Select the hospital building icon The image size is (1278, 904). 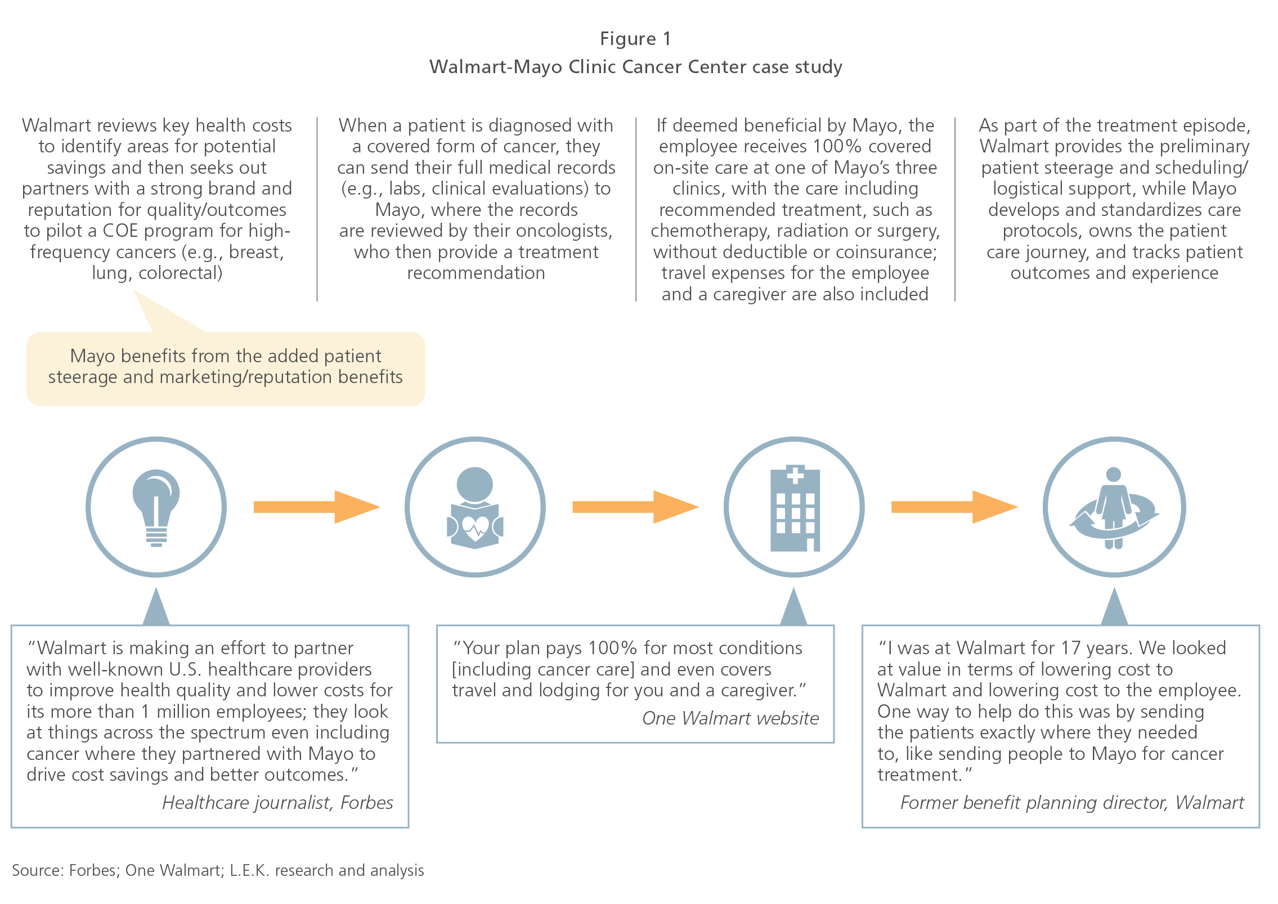pos(795,507)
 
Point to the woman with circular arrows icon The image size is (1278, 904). pos(1114,508)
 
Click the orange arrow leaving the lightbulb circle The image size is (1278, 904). pos(317,507)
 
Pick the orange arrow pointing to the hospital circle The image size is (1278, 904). pos(635,507)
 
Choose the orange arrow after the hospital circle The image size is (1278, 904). pos(954,507)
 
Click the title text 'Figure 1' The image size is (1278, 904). pos(635,38)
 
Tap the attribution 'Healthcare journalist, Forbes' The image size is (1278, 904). pos(277,802)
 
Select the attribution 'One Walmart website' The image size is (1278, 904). pos(730,718)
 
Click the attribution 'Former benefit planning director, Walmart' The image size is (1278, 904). pos(1072,802)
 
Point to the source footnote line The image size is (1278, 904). pos(218,870)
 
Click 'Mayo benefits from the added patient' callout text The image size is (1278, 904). pos(226,356)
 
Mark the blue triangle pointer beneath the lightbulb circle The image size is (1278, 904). pos(156,606)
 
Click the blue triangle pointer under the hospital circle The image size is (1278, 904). pos(793,606)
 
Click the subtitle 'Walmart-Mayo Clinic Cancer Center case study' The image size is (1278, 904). pos(636,67)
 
